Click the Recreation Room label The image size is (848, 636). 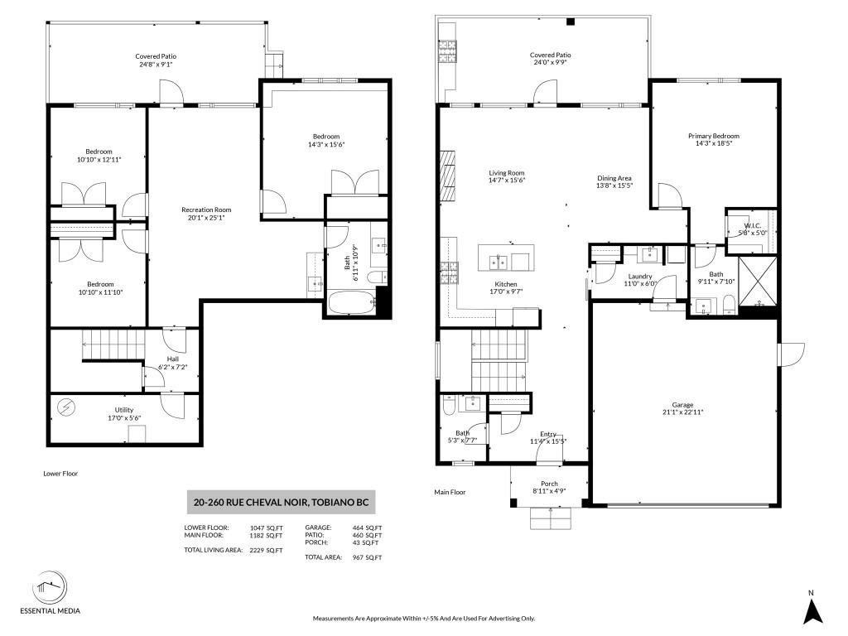pos(206,210)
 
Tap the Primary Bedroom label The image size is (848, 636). pos(713,136)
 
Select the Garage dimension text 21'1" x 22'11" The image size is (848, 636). pos(682,412)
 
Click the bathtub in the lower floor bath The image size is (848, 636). pos(351,303)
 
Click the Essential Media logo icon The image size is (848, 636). pos(50,588)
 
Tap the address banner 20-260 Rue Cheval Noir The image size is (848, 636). pos(282,502)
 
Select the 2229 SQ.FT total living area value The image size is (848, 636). pos(266,551)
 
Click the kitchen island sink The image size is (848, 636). pos(499,263)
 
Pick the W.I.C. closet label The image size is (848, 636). pos(752,225)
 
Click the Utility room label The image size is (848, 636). pos(124,410)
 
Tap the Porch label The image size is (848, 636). pos(550,484)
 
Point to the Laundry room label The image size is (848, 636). pos(640,277)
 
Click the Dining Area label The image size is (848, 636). pos(614,178)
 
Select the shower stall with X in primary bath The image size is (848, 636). pos(757,282)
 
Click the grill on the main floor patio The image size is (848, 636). pos(447,52)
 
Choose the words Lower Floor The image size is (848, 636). pos(60,474)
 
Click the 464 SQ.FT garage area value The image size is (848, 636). pos(366,528)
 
